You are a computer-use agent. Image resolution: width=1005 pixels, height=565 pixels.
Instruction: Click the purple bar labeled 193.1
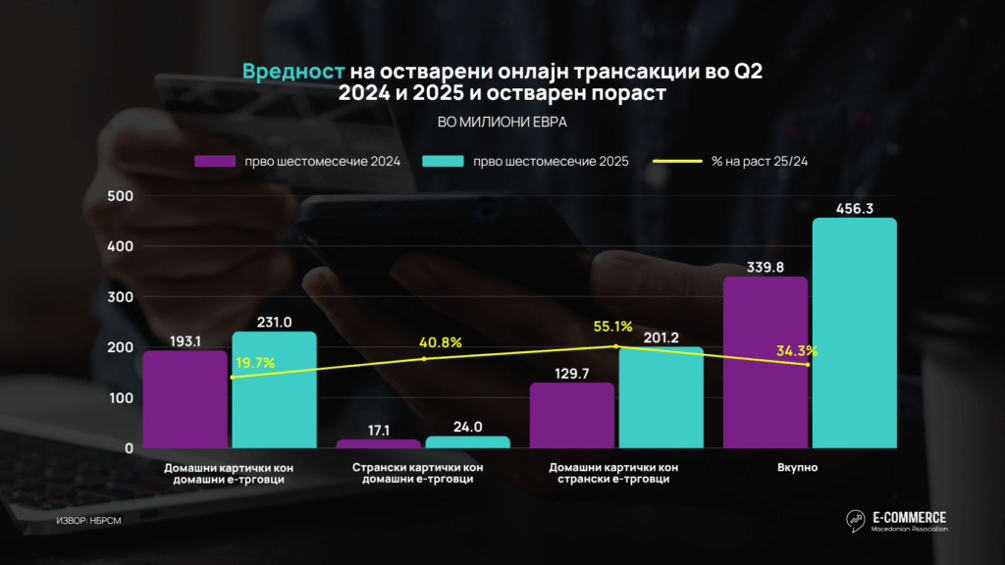pos(185,399)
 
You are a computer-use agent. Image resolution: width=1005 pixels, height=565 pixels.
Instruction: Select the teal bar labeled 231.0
pos(274,389)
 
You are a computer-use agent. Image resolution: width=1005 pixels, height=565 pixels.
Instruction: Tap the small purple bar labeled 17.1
pos(379,443)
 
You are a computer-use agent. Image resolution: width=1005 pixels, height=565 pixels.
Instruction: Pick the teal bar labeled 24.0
pos(467,441)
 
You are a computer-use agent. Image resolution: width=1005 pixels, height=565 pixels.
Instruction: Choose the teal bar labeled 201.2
pos(661,397)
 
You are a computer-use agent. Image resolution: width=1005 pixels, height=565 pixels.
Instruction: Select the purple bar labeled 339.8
pos(765,362)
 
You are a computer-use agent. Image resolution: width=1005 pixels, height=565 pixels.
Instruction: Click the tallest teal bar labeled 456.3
pos(854,333)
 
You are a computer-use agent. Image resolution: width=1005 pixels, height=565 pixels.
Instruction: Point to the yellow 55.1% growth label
pos(612,326)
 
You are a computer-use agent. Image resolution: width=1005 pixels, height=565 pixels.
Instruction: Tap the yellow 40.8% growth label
pos(442,342)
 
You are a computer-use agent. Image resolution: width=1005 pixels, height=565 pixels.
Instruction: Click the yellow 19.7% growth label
pos(254,364)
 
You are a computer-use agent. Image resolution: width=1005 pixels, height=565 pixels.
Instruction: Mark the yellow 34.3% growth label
pos(797,350)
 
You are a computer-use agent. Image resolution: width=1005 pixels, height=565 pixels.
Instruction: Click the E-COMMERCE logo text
pos(909,517)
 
